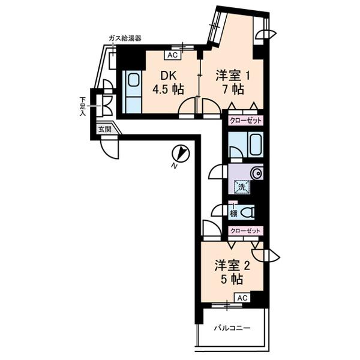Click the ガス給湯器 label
pos(125,38)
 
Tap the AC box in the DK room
pos(172,56)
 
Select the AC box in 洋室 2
pos(241,297)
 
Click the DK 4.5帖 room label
pos(167,82)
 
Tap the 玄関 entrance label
pos(106,129)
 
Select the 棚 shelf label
pos(233,212)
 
